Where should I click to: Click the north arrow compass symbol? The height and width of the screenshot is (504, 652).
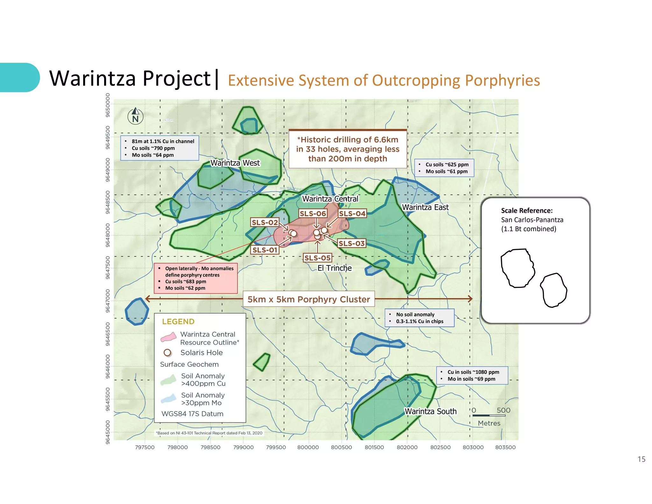click(x=135, y=116)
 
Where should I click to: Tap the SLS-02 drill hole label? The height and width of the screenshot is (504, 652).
click(x=265, y=222)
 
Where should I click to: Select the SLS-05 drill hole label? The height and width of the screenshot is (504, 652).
click(x=317, y=258)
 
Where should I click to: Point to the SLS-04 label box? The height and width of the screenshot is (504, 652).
click(x=352, y=213)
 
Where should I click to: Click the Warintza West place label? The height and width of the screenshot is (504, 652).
click(x=235, y=163)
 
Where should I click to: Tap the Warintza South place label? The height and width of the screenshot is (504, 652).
click(x=430, y=411)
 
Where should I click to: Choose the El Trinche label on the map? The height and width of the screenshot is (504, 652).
click(x=335, y=268)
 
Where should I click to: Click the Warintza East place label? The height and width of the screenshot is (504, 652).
click(x=425, y=207)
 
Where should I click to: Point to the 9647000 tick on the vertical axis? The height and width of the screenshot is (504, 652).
click(x=108, y=301)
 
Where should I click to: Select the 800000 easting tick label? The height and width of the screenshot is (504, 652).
click(x=308, y=447)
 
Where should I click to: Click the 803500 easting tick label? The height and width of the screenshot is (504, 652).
click(x=505, y=447)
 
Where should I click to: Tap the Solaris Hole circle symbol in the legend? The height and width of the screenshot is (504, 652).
click(x=167, y=353)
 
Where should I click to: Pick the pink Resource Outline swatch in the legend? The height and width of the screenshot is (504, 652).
click(x=168, y=337)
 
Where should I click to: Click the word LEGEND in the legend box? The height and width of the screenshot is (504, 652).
click(x=178, y=321)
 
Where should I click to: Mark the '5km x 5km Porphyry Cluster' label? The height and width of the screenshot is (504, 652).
click(x=308, y=299)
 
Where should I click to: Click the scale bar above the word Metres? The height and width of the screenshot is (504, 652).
click(x=489, y=415)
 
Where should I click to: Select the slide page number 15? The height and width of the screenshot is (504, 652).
click(x=641, y=459)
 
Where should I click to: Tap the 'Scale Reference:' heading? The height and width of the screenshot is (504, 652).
click(x=527, y=211)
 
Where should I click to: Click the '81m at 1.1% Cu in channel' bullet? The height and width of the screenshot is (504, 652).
click(x=163, y=141)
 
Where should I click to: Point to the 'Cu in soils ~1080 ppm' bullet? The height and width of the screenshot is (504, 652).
click(x=473, y=372)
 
